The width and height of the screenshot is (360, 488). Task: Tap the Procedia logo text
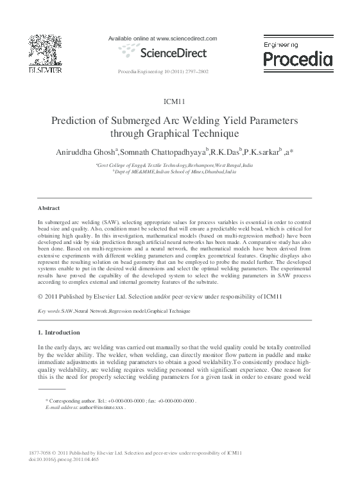298,60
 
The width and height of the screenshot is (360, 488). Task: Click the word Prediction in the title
79,121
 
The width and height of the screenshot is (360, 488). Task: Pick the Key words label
49,310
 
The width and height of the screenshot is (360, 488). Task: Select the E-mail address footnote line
85,408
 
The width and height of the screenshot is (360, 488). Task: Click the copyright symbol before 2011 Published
41,296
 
